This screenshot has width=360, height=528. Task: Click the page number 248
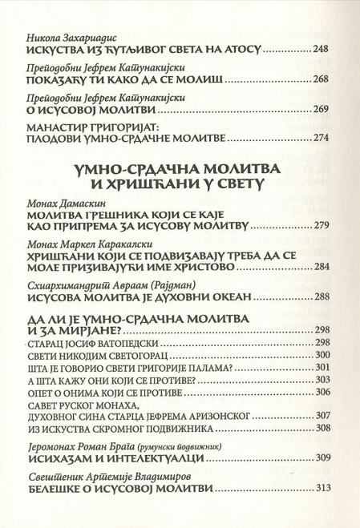click(320, 50)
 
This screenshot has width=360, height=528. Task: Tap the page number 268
click(320, 82)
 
